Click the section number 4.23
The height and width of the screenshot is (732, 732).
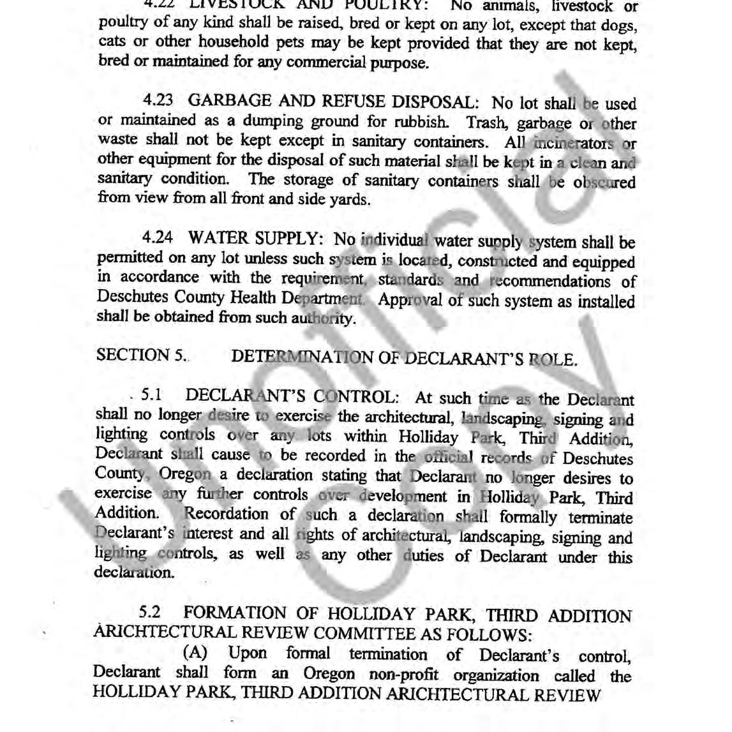[158, 101]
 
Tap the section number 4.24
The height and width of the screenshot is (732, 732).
[158, 238]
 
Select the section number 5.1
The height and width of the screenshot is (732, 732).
[151, 396]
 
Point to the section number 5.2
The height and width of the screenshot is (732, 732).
[150, 613]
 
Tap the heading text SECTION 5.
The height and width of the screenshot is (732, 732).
[141, 355]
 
